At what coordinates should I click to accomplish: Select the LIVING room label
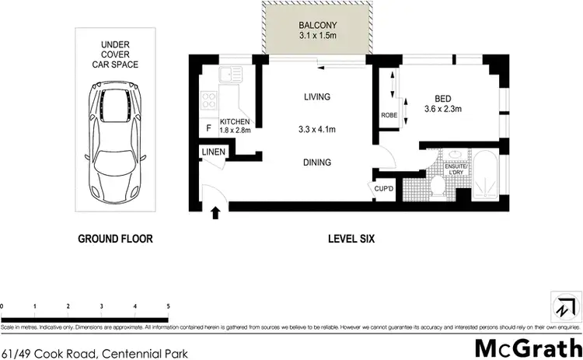(317, 97)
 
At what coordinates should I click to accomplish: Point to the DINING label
(317, 163)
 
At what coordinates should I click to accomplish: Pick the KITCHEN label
(235, 123)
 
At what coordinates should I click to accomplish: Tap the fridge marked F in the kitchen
(208, 128)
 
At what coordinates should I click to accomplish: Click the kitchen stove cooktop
(208, 100)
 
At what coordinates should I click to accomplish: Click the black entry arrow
(216, 211)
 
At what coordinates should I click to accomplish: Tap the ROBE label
(389, 115)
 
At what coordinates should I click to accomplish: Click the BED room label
(443, 99)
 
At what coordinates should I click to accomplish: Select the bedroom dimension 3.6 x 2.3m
(443, 110)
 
